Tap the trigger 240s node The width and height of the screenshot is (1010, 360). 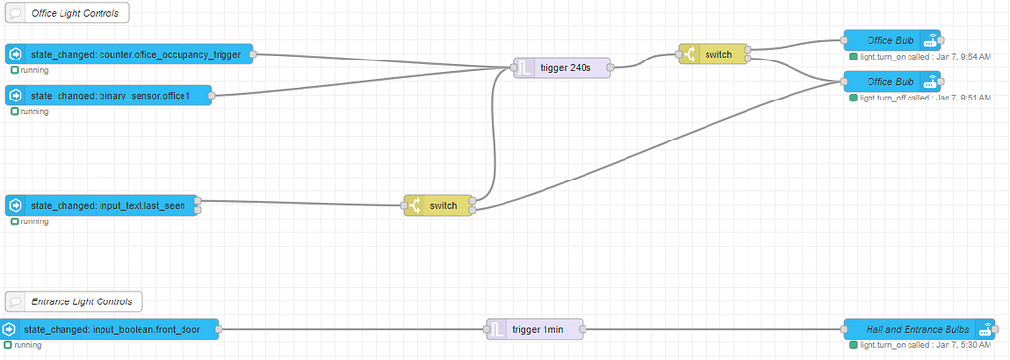[x=561, y=67]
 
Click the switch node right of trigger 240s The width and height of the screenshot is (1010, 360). [x=713, y=54]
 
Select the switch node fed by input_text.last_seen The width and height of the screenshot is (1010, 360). [x=438, y=206]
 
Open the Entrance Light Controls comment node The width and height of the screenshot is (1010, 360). [x=74, y=300]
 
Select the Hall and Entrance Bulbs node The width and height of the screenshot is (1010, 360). [x=917, y=330]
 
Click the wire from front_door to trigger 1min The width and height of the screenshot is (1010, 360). [x=351, y=330]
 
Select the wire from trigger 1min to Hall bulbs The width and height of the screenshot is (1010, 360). [x=712, y=330]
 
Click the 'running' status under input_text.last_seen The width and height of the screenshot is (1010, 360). [x=33, y=222]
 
